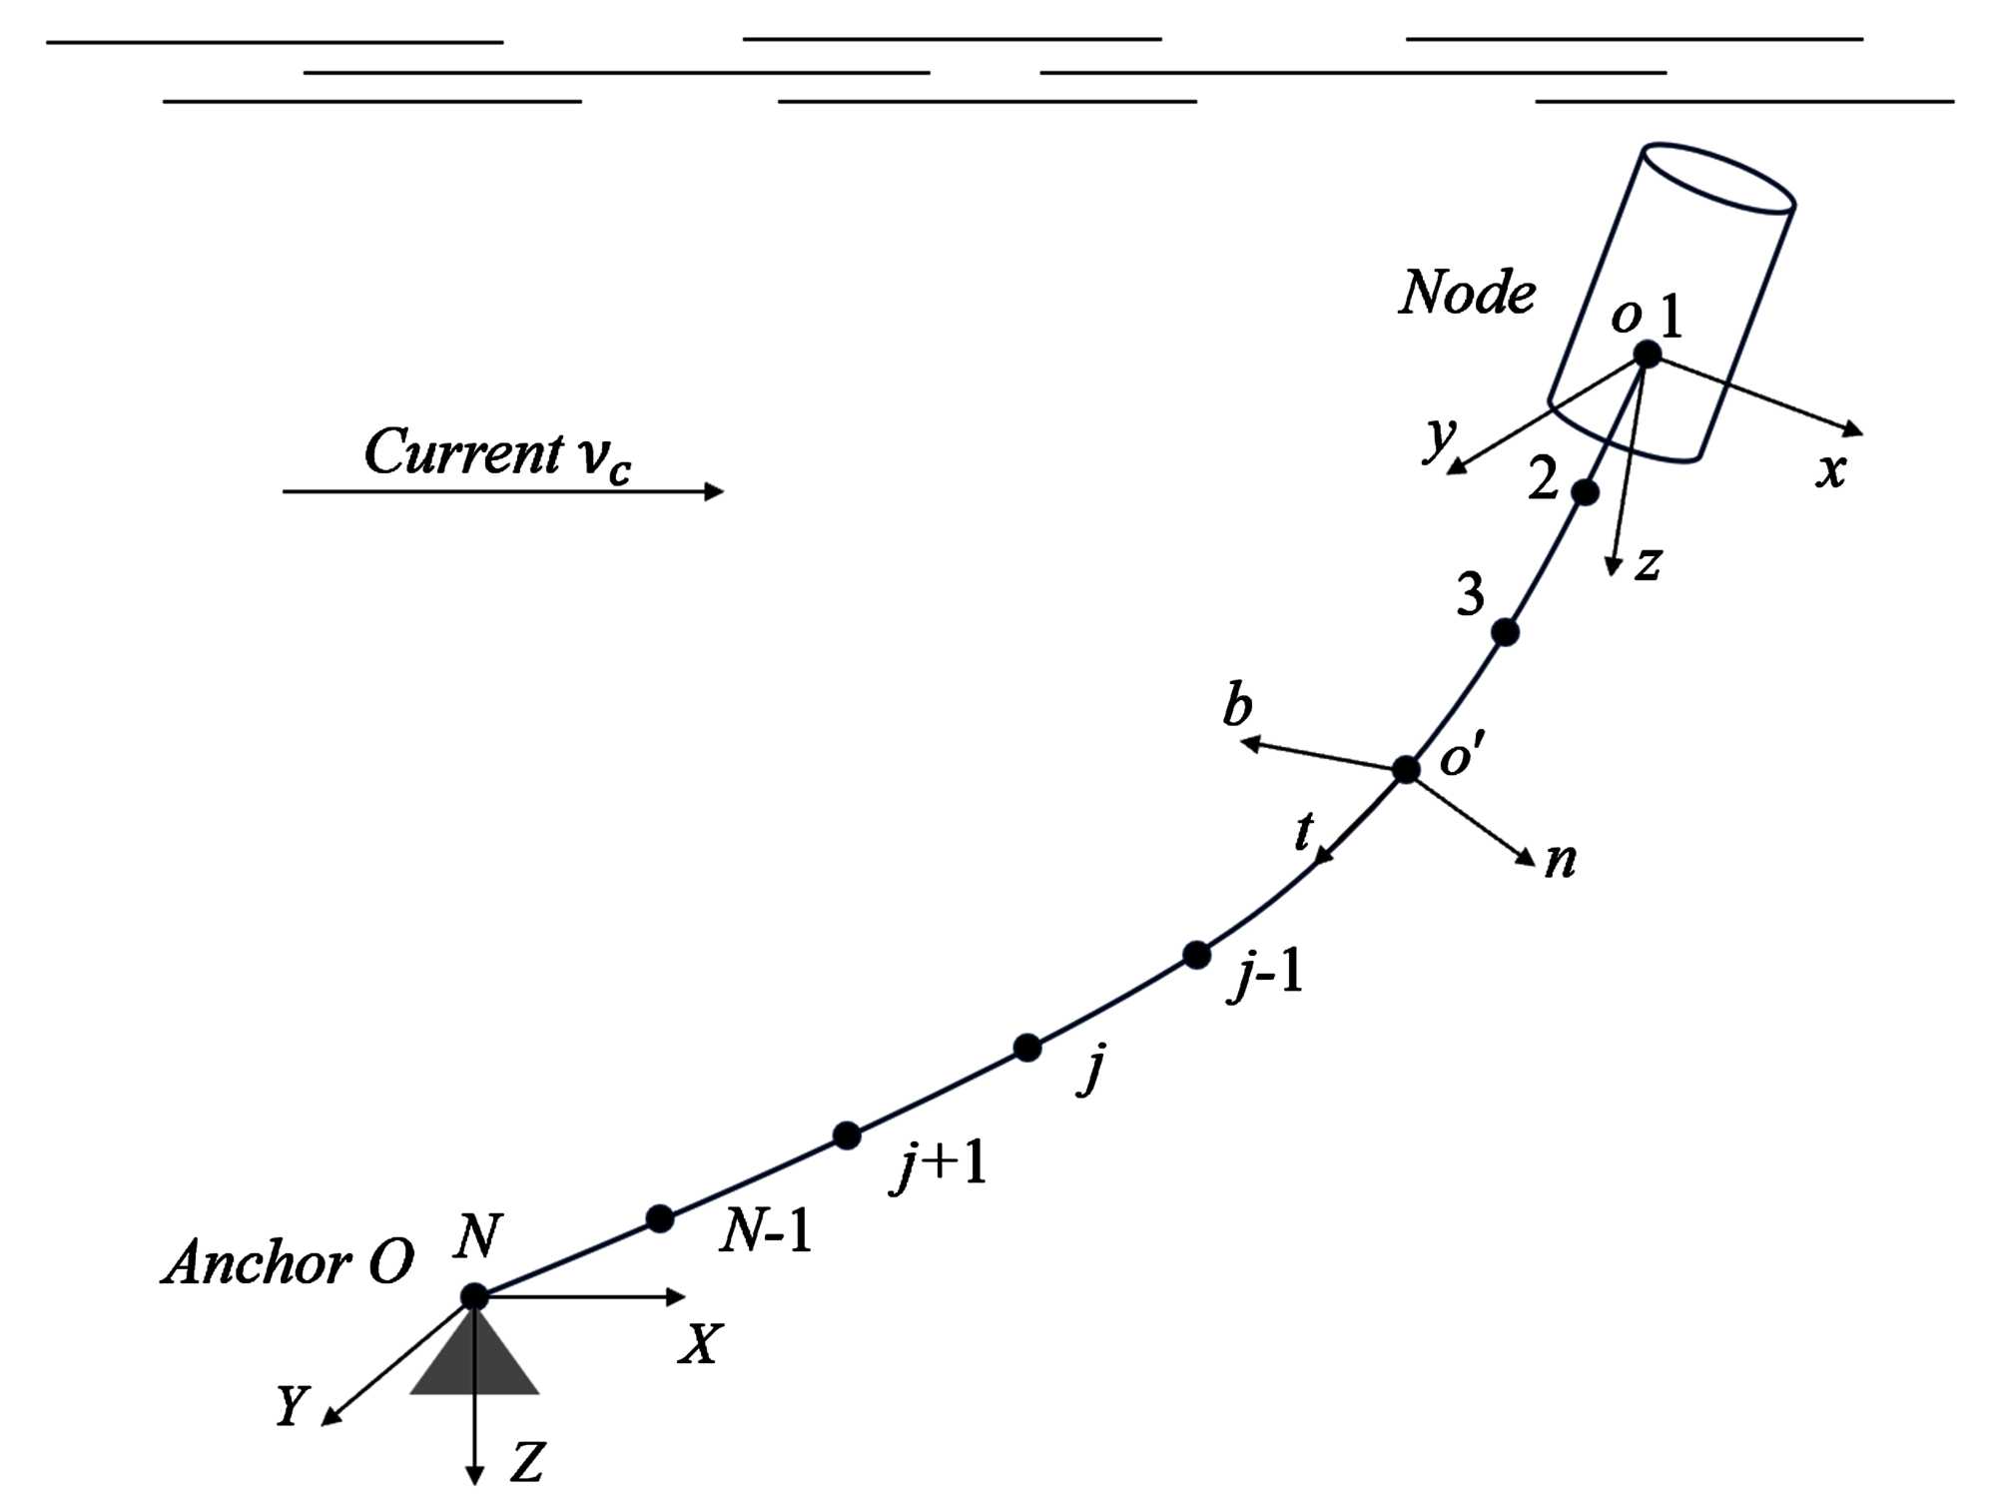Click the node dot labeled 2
pos(1585,492)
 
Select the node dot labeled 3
pos(1505,632)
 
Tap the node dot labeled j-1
pos(1196,955)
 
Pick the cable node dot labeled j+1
pos(847,1135)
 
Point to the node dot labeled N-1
pos(659,1218)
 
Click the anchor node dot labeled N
pos(474,1296)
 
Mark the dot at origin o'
pos(1406,769)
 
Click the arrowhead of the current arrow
pos(714,491)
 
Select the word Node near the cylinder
pos(1467,293)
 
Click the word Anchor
pos(258,1263)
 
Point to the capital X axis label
pos(700,1344)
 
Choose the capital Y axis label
pos(292,1406)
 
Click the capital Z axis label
pos(526,1463)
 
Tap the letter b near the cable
pos(1237,706)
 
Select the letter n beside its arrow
pos(1560,860)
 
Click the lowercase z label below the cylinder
pos(1649,563)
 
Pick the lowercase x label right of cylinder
pos(1830,469)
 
